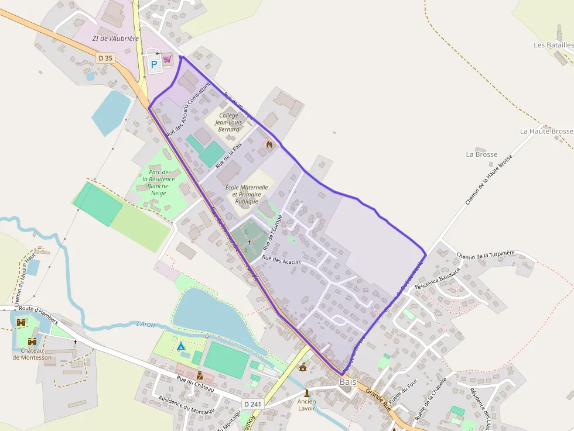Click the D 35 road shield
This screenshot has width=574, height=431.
[x=105, y=58]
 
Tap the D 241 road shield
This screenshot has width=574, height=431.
[x=252, y=404]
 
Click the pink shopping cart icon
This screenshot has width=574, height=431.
[x=168, y=59]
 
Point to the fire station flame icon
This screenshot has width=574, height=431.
[x=269, y=143]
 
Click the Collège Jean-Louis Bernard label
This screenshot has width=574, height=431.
[x=228, y=122]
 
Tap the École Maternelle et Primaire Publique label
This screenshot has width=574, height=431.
[x=247, y=194]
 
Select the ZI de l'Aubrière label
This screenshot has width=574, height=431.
[x=115, y=39]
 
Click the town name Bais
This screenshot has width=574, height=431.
[x=348, y=382]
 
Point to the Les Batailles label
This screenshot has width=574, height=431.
[x=553, y=45]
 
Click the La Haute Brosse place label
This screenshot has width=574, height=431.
[x=546, y=132]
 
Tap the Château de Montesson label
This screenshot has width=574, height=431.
[x=32, y=354]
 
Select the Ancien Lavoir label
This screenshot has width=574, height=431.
[x=306, y=404]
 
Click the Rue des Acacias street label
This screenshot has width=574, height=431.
[x=281, y=261]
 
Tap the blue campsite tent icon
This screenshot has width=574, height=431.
[x=182, y=346]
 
